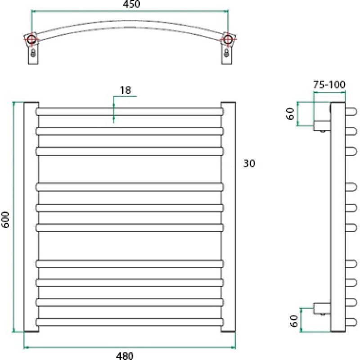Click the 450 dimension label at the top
[x=131, y=4]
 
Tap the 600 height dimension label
[x=5, y=220]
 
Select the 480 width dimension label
[x=125, y=356]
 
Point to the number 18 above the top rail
[x=126, y=90]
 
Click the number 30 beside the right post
[x=249, y=163]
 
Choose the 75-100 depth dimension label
[x=329, y=85]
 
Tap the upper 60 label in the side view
[x=290, y=114]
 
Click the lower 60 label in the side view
[x=294, y=321]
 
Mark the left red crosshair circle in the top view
[x=31, y=39]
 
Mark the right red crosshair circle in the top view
[x=228, y=39]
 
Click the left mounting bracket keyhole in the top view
[x=33, y=53]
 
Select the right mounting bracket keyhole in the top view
[x=227, y=53]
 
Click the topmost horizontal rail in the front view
[x=130, y=112]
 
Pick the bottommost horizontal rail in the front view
[x=130, y=322]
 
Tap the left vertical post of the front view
[x=31, y=217]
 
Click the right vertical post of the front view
[x=228, y=217]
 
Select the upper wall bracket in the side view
[x=322, y=126]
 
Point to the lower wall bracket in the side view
[x=322, y=308]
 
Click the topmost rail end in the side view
[x=351, y=112]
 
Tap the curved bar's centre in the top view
[x=130, y=24]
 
